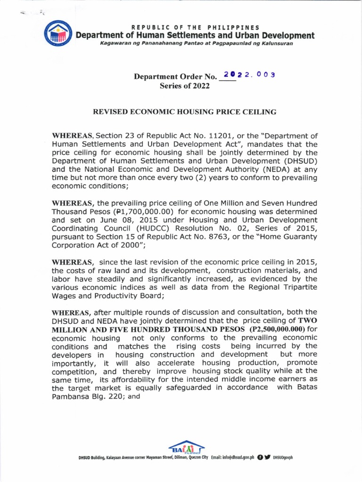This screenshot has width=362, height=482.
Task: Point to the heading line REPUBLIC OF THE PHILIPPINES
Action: point(195,27)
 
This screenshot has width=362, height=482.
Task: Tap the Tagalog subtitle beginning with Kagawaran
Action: point(196,43)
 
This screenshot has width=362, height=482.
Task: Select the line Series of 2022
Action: point(184,86)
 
